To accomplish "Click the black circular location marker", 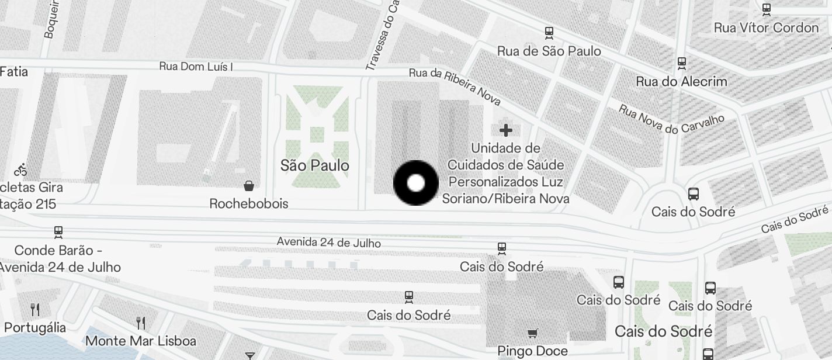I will click(x=415, y=183).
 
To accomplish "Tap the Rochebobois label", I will click(x=249, y=203).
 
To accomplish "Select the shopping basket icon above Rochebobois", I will click(x=249, y=186).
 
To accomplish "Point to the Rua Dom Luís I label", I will click(x=196, y=67).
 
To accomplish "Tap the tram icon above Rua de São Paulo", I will click(x=549, y=33).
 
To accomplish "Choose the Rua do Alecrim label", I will click(x=681, y=81).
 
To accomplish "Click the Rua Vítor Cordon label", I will click(x=766, y=27).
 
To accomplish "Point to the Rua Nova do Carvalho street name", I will click(x=671, y=119).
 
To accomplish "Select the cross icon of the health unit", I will click(x=506, y=130).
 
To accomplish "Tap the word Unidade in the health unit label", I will click(x=505, y=148).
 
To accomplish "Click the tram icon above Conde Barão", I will click(x=58, y=232).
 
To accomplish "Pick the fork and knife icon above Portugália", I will click(x=35, y=309).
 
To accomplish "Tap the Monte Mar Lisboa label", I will click(x=141, y=340).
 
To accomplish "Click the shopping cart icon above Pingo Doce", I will click(x=532, y=334).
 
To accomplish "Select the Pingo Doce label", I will click(x=532, y=351).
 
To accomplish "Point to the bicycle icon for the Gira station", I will click(x=21, y=170).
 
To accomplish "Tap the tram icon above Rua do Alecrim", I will click(x=681, y=63).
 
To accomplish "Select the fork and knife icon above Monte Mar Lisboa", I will click(x=141, y=323).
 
